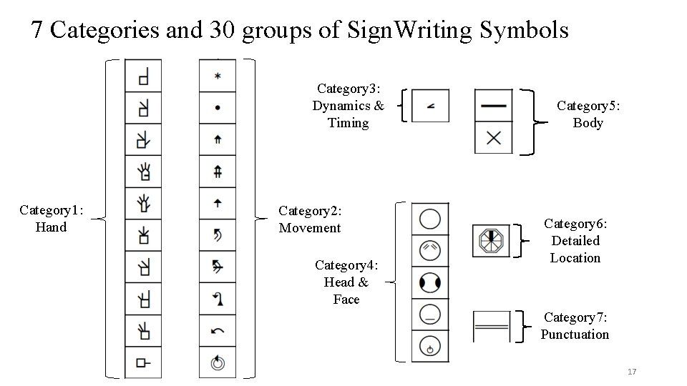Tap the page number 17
[631, 372]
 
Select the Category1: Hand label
[51, 219]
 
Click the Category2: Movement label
[310, 219]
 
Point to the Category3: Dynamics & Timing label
[348, 106]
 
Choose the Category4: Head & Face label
[346, 282]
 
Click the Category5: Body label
[588, 114]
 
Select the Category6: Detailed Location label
[575, 241]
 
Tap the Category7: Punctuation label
[575, 325]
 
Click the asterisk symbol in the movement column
[217, 76]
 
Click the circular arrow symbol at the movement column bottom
[217, 363]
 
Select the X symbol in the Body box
[494, 138]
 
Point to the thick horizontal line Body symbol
[494, 106]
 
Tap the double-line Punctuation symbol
[492, 327]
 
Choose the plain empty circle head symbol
[430, 219]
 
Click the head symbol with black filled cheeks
[430, 283]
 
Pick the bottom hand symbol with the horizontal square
[143, 363]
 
